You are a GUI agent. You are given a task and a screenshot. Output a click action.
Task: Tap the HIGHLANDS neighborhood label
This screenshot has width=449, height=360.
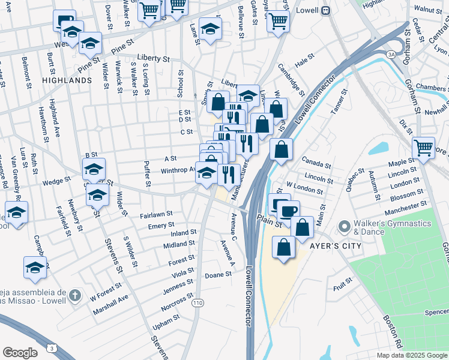click(67, 80)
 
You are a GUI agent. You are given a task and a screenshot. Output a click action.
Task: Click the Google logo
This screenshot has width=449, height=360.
click(20, 353)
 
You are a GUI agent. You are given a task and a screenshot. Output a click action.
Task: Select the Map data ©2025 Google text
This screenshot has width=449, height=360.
click(412, 355)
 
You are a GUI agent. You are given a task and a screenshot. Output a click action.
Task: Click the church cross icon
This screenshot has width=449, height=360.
click(74, 295)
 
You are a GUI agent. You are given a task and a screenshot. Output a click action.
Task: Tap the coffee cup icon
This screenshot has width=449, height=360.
click(288, 211)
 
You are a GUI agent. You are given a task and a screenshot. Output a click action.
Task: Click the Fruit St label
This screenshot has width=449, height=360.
click(344, 281)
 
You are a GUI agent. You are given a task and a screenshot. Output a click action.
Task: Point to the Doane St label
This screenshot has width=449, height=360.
click(218, 274)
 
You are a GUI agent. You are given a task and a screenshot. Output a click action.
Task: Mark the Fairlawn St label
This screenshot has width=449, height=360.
click(156, 214)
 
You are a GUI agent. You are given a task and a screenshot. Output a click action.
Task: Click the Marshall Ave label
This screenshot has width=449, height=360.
click(111, 305)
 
